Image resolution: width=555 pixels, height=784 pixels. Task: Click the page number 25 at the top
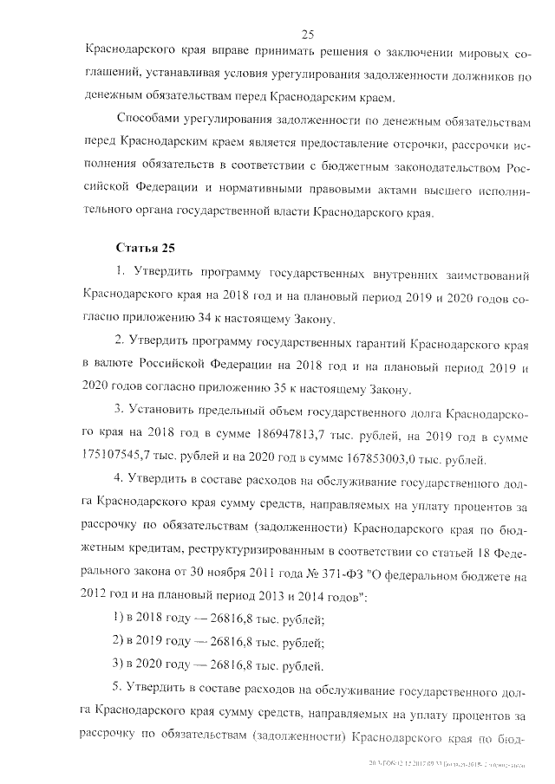pos(306,34)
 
